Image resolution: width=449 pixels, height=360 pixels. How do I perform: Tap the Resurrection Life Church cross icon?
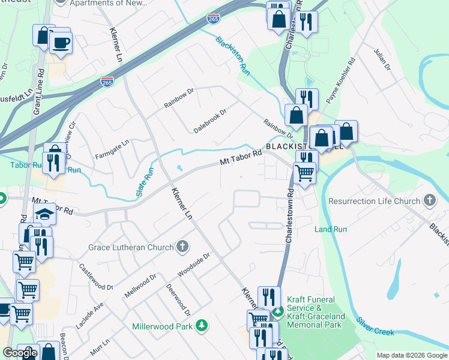click(429, 200)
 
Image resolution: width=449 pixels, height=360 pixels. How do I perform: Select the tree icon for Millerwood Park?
click(202, 326)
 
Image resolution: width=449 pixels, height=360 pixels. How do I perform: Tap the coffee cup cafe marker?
click(61, 43)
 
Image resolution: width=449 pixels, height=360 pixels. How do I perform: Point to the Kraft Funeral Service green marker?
click(277, 311)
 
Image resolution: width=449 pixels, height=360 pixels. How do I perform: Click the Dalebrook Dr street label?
click(209, 121)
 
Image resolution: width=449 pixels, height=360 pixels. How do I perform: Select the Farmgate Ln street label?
click(112, 150)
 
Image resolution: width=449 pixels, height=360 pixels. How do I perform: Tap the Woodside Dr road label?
click(193, 265)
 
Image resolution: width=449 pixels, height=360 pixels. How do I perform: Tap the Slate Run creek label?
click(140, 184)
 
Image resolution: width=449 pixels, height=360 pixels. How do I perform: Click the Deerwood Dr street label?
click(178, 300)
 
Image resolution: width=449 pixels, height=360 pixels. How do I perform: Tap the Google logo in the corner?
click(20, 353)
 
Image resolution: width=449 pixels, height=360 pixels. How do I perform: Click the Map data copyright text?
click(411, 355)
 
